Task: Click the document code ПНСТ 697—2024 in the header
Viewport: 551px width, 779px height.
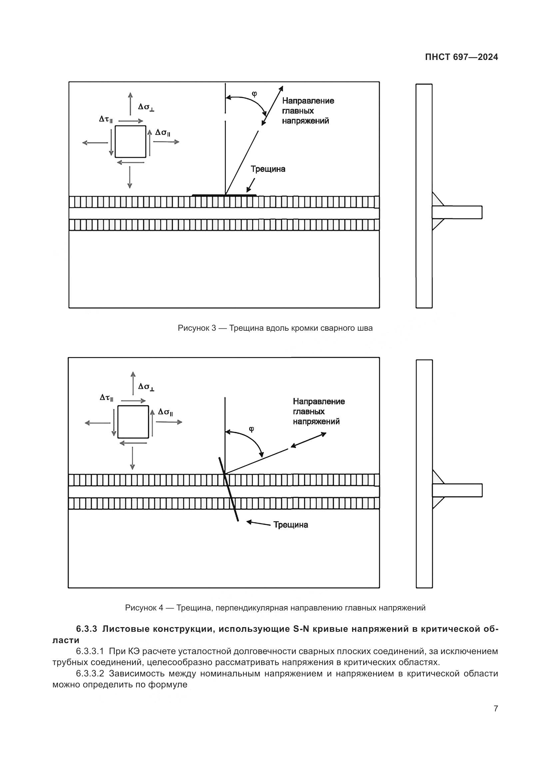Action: tap(461, 57)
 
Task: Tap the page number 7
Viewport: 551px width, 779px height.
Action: tap(496, 708)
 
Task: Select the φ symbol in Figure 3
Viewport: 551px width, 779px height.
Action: tap(254, 94)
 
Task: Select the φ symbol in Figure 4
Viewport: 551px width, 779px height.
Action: tap(252, 429)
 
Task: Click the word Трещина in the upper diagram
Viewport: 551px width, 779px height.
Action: tap(268, 169)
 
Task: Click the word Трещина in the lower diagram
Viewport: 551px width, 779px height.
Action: tap(291, 525)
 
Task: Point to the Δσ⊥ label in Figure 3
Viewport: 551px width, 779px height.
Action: tap(146, 107)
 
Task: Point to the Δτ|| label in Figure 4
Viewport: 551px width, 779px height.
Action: tap(106, 398)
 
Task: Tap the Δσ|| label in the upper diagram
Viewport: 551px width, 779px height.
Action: tap(163, 132)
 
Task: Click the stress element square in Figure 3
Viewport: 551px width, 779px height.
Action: tap(130, 142)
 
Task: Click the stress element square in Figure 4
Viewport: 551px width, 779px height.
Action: tap(133, 422)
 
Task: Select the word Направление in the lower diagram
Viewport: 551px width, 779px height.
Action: tap(318, 401)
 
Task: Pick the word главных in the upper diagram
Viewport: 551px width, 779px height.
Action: tap(297, 111)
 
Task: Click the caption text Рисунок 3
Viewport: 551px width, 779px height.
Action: tap(197, 328)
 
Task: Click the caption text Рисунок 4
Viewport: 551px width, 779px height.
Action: tap(144, 608)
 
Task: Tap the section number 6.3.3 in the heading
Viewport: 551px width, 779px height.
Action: tap(86, 629)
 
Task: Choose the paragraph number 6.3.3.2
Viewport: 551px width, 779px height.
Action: tap(90, 673)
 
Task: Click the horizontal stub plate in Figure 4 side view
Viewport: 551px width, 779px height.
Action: tap(457, 490)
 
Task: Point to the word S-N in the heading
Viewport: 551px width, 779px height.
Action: tap(301, 629)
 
